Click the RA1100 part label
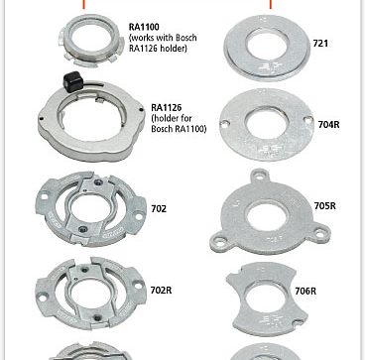144,27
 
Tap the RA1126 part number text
167,108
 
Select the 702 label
159,209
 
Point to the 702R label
161,291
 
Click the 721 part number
320,44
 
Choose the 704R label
329,125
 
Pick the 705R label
325,206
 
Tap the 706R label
305,291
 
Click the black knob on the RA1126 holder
72,81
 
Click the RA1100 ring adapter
91,57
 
